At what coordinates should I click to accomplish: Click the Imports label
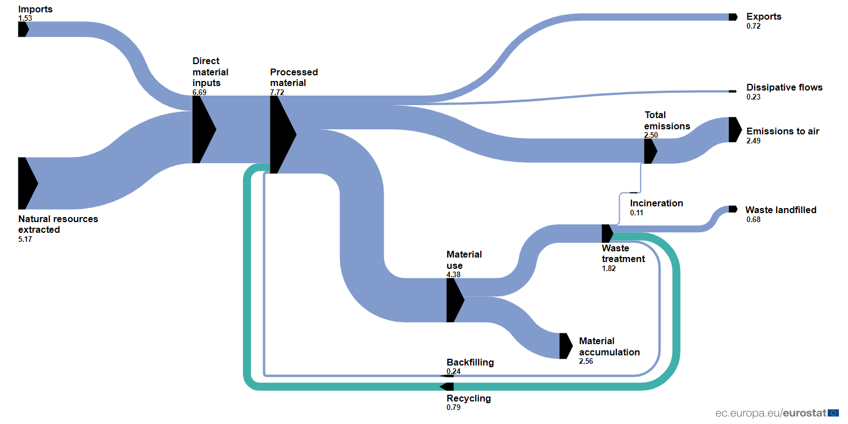[35, 9]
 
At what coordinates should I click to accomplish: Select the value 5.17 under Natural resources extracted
[25, 239]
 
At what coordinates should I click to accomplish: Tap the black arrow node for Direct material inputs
[204, 129]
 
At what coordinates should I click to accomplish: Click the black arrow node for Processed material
[283, 134]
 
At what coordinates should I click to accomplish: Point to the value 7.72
[277, 92]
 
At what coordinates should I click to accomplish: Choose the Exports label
[764, 17]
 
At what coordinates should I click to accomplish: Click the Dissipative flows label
[784, 88]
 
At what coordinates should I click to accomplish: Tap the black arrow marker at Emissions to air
[735, 129]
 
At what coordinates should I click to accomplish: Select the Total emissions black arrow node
[651, 151]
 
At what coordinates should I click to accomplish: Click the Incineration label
[656, 204]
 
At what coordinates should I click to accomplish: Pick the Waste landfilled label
[781, 210]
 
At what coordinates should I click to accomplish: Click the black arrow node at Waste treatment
[607, 233]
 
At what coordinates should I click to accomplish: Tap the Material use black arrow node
[455, 300]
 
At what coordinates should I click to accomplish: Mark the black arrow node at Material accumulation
[566, 346]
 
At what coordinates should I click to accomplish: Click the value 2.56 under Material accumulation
[586, 362]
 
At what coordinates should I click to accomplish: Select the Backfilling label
[470, 363]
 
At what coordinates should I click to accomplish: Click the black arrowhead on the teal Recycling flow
[446, 386]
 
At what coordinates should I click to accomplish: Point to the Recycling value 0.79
[454, 408]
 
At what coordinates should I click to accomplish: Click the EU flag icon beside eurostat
[833, 413]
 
